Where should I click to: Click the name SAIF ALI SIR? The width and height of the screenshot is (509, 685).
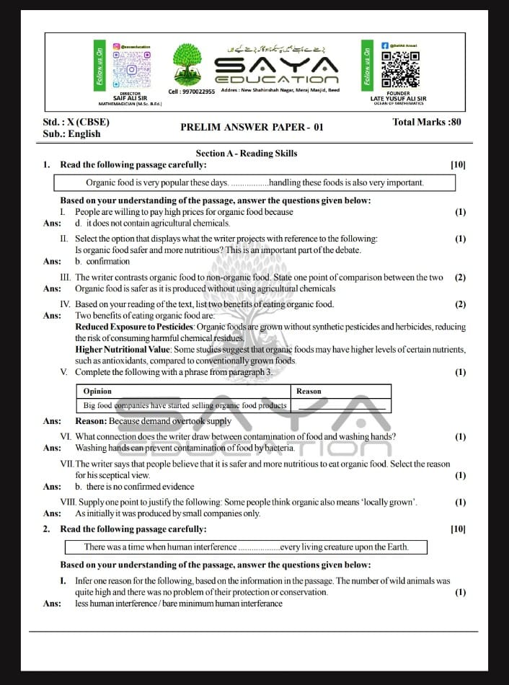click(x=130, y=98)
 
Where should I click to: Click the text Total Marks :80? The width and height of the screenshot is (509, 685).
click(x=426, y=122)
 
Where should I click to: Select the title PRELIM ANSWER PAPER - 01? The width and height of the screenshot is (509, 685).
click(x=252, y=128)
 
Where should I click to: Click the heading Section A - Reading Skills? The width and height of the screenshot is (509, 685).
click(x=246, y=153)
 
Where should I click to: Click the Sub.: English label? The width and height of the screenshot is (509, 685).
click(x=71, y=133)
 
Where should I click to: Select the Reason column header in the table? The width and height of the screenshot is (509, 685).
click(x=309, y=391)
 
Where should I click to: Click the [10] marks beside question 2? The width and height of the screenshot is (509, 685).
click(x=458, y=529)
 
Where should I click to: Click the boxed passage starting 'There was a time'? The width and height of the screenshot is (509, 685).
click(x=246, y=547)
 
